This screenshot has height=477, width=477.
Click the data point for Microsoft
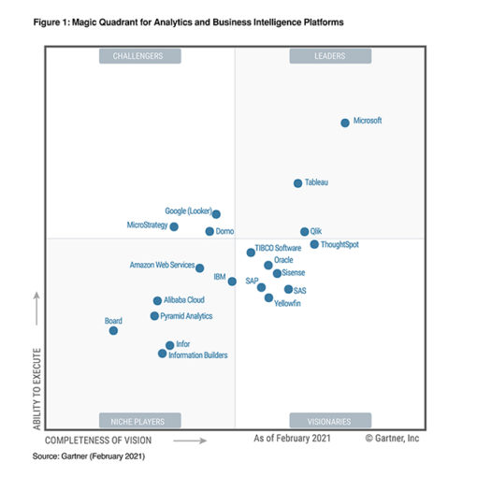coord(345,123)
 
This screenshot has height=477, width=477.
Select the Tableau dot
coord(297,183)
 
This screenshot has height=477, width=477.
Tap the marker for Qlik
coord(304,231)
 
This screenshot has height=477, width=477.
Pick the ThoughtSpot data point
coord(314,244)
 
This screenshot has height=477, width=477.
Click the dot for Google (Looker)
coord(216,214)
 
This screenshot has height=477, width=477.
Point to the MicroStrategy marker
coord(174,226)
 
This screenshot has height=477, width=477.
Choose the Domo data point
coord(210,231)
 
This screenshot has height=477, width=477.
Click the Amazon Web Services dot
coord(199,267)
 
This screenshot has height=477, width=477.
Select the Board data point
coord(113,330)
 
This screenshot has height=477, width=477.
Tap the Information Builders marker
coord(163,354)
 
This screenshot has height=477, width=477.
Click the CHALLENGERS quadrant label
coord(138,56)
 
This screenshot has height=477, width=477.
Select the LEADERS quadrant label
coord(330,56)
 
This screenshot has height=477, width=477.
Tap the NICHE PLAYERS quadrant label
coord(138,420)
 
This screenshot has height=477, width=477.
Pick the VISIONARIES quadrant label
coord(330,420)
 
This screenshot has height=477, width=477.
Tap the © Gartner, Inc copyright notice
coord(392,438)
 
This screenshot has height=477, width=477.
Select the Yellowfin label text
coord(288,305)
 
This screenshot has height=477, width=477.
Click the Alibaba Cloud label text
coord(184,300)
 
